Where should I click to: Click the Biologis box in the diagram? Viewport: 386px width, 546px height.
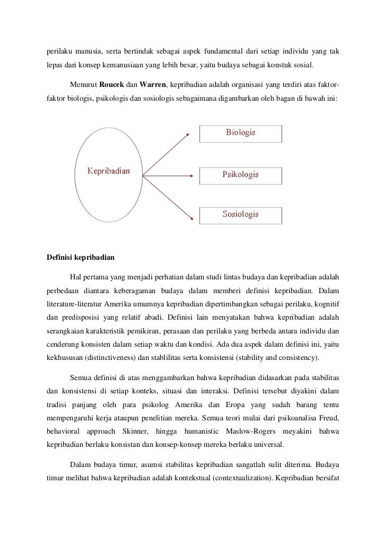point(240,133)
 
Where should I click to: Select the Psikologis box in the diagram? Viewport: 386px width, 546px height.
point(240,174)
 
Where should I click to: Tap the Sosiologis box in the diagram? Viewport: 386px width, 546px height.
point(240,214)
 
